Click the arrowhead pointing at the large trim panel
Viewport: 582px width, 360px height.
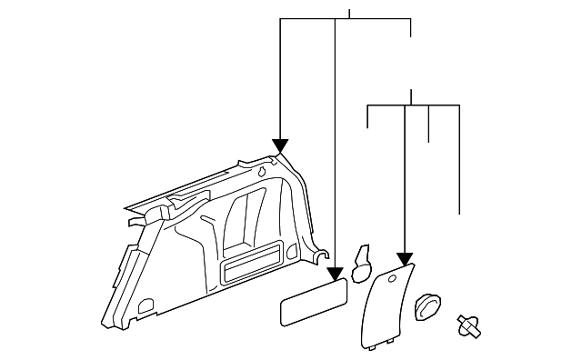coord(280,145)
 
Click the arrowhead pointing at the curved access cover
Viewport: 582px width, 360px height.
coord(405,258)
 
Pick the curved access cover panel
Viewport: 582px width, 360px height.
coord(386,304)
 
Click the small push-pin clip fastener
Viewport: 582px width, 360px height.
coord(469,325)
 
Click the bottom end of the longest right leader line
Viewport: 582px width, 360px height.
coord(460,213)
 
